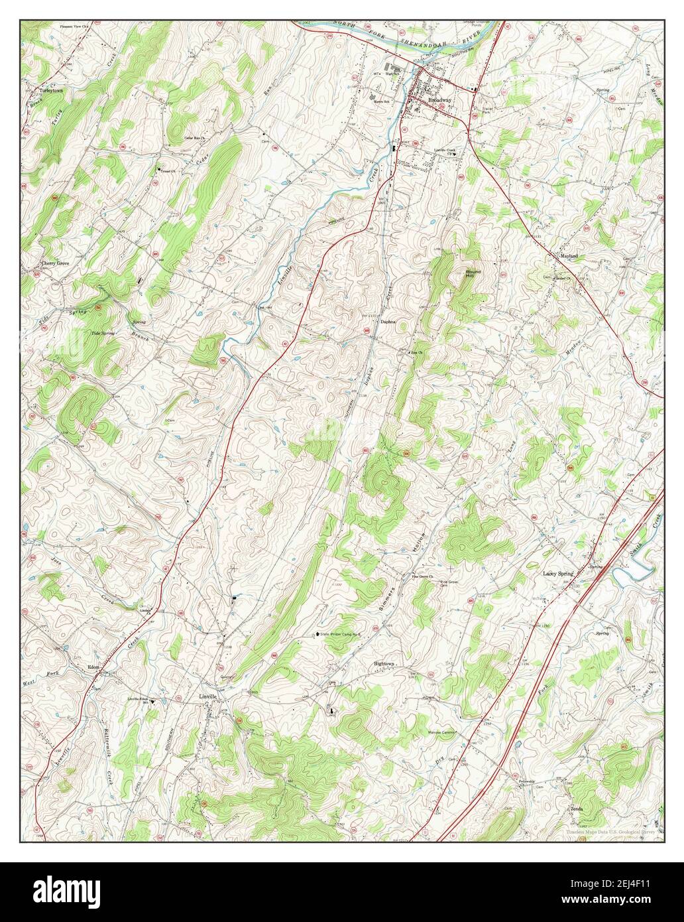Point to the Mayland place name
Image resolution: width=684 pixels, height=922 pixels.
[x=569, y=255]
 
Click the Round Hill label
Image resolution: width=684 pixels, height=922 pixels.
[x=473, y=273]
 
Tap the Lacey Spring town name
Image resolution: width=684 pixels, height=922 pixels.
[x=558, y=573]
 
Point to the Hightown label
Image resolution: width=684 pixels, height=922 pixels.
[x=384, y=663]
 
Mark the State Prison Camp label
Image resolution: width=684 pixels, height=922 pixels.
[x=344, y=635]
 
